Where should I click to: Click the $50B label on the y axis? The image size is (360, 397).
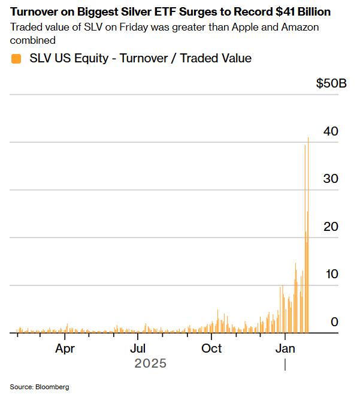(x=331, y=83)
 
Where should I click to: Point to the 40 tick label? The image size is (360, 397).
(x=331, y=131)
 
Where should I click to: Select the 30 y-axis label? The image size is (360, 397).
(x=331, y=179)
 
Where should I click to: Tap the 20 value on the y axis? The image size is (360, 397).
(x=331, y=227)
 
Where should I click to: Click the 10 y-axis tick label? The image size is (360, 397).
(x=331, y=274)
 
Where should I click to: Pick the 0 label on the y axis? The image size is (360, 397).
(x=335, y=322)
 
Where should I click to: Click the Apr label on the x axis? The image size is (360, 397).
(x=65, y=348)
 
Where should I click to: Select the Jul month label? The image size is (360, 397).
(x=138, y=348)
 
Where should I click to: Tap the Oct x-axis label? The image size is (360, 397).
(x=211, y=348)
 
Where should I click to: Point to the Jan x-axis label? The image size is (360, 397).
(x=285, y=348)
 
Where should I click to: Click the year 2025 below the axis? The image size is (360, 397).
(x=150, y=363)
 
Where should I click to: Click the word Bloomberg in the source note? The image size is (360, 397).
(x=53, y=387)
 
